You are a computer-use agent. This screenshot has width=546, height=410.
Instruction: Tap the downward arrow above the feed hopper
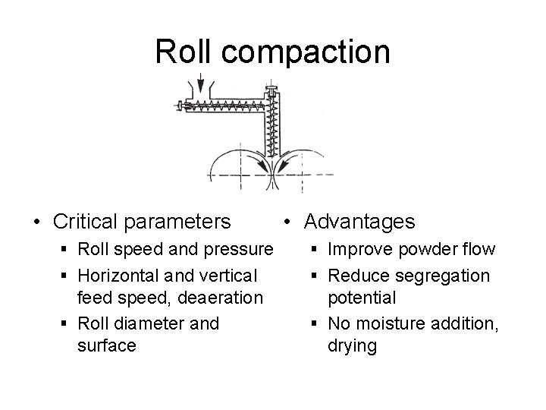click(199, 82)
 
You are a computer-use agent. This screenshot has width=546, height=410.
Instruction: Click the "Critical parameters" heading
click(142, 221)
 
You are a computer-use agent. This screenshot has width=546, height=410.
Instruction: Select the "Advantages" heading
click(359, 221)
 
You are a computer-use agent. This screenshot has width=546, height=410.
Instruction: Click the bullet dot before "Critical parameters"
click(36, 222)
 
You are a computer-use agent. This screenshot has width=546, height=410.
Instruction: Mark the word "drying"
click(353, 346)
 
